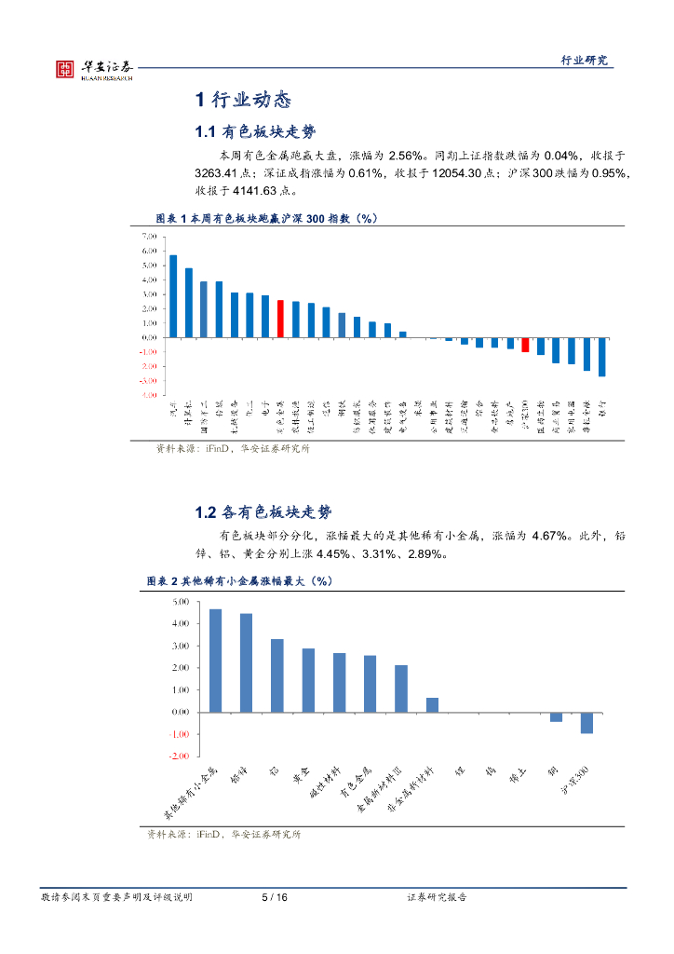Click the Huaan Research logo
pos(94,69)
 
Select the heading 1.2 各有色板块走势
pos(263,512)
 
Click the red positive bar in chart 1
pos(280,319)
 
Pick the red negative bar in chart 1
pos(525,345)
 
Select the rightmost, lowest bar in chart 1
pos(601,357)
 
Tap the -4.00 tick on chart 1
pos(149,395)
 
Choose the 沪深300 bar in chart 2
pos(586,722)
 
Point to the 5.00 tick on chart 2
pos(180,602)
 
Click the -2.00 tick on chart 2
pos(179,756)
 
